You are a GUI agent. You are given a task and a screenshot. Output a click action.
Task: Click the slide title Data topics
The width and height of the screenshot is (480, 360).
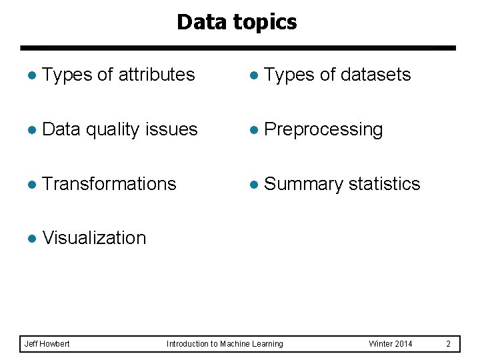pos(237,23)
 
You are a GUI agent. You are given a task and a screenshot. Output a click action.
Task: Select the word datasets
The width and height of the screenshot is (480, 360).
pos(375,75)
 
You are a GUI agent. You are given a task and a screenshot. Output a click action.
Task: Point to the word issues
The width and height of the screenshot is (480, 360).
pos(175,129)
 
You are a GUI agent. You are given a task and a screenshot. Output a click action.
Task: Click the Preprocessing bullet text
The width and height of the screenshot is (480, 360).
pos(323,129)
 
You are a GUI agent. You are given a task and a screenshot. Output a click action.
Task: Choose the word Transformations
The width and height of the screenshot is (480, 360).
pos(109,183)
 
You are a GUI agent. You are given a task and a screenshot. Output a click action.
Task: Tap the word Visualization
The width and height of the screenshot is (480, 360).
pos(94,238)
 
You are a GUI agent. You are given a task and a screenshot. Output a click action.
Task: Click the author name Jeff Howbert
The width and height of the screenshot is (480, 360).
pos(47,344)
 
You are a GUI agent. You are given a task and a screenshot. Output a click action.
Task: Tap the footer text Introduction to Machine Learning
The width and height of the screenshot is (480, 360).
pos(225,344)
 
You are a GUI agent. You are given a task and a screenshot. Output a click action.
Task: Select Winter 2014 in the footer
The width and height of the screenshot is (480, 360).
pos(390,344)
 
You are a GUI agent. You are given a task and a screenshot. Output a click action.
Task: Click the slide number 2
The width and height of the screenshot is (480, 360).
pos(448,344)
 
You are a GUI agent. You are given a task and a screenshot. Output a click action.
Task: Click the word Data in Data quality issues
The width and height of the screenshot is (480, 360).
pos(61,129)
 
